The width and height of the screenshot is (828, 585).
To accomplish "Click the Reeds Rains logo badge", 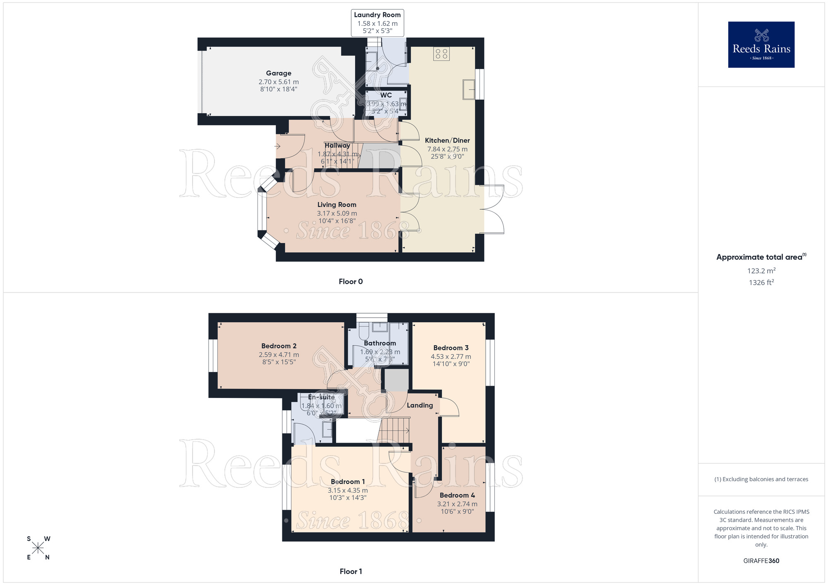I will click(761, 45).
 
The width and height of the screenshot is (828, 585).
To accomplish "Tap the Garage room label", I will click(279, 73).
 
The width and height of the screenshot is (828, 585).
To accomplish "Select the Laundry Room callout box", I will click(377, 23).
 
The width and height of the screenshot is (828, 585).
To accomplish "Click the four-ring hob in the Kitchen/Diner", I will click(441, 54).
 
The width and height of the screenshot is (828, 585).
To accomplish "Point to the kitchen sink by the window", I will click(469, 89).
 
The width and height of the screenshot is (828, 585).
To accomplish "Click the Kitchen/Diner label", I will click(447, 141).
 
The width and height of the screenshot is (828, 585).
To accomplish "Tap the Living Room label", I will click(337, 205).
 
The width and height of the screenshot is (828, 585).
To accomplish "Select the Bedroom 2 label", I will click(279, 346).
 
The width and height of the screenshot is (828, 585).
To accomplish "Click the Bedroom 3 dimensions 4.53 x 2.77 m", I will click(451, 357).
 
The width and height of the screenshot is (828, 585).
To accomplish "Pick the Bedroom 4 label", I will click(457, 496).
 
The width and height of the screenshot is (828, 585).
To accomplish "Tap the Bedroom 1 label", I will click(348, 482).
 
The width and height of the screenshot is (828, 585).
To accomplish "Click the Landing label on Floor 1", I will click(420, 405).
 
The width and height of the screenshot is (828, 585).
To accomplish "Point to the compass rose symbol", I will click(38, 548).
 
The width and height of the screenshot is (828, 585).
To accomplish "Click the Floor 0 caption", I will click(351, 282).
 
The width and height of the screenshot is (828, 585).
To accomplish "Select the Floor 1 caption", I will click(351, 572).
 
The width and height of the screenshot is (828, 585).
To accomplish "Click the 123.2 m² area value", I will click(761, 271).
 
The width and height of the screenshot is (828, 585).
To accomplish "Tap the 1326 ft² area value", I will click(761, 283).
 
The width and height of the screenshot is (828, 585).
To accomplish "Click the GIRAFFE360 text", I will click(761, 561).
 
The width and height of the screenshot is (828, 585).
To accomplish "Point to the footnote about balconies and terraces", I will click(761, 480).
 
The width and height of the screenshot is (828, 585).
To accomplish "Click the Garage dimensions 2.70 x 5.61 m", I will click(279, 82).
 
